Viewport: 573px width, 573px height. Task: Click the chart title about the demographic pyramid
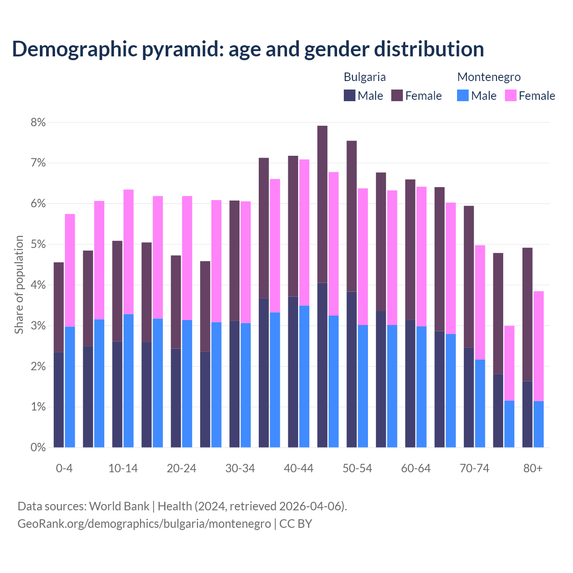[x=248, y=49]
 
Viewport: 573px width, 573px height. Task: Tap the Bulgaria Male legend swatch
[x=349, y=95]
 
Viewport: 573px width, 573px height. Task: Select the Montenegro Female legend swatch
[x=510, y=95]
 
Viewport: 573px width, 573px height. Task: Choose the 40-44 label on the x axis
[x=299, y=468]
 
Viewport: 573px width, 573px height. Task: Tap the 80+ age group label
[x=533, y=468]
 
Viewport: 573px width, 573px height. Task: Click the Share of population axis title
[x=19, y=285]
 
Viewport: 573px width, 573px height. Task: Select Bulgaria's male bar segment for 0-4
[x=59, y=400]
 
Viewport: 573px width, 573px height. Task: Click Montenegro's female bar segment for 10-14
[x=128, y=252]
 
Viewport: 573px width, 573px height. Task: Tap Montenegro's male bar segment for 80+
[x=539, y=424]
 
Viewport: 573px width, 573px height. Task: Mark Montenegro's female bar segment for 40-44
[x=304, y=232]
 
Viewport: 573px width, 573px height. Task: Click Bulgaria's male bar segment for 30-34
[x=235, y=384]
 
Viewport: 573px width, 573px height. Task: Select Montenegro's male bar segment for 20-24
[x=187, y=384]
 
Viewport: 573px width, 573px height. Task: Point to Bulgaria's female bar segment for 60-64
[x=410, y=249]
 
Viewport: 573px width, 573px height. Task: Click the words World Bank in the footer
[x=119, y=506]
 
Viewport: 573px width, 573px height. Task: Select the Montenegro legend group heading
[x=489, y=77]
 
